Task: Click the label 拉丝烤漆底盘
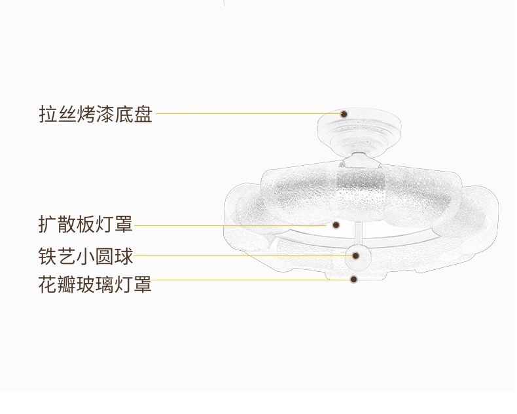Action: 95,113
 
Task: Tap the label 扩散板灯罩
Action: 85,225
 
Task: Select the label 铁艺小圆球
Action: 85,255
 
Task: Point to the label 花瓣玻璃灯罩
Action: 95,284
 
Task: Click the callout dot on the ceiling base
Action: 344,113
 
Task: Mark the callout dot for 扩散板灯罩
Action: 336,225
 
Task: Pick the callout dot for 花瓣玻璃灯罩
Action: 353,279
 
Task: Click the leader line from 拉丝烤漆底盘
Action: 249,113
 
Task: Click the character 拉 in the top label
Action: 46,113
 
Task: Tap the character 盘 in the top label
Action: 143,113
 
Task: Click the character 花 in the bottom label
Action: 46,284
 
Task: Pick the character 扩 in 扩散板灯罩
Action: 46,225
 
